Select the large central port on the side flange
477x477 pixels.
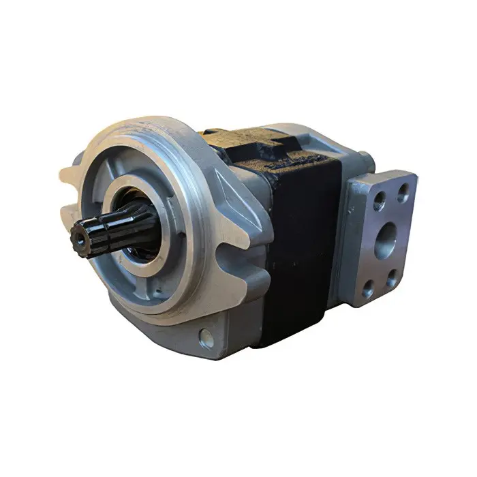point(386,240)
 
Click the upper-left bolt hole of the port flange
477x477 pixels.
point(379,200)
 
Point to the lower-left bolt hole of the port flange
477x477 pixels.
point(369,290)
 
